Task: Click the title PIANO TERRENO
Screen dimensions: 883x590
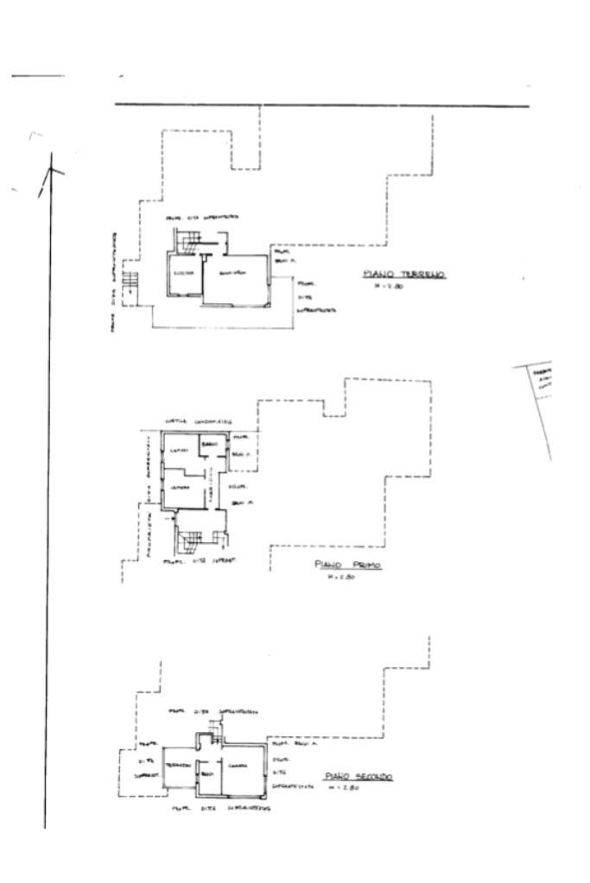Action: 403,274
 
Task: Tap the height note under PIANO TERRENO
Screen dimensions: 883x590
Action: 385,287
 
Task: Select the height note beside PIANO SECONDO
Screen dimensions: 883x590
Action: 350,786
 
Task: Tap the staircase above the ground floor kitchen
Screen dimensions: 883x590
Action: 189,243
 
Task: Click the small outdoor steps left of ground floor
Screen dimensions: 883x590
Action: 130,281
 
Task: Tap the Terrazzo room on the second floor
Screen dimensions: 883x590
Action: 179,766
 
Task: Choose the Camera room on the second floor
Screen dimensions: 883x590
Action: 239,766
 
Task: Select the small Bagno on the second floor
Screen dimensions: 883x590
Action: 207,773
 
